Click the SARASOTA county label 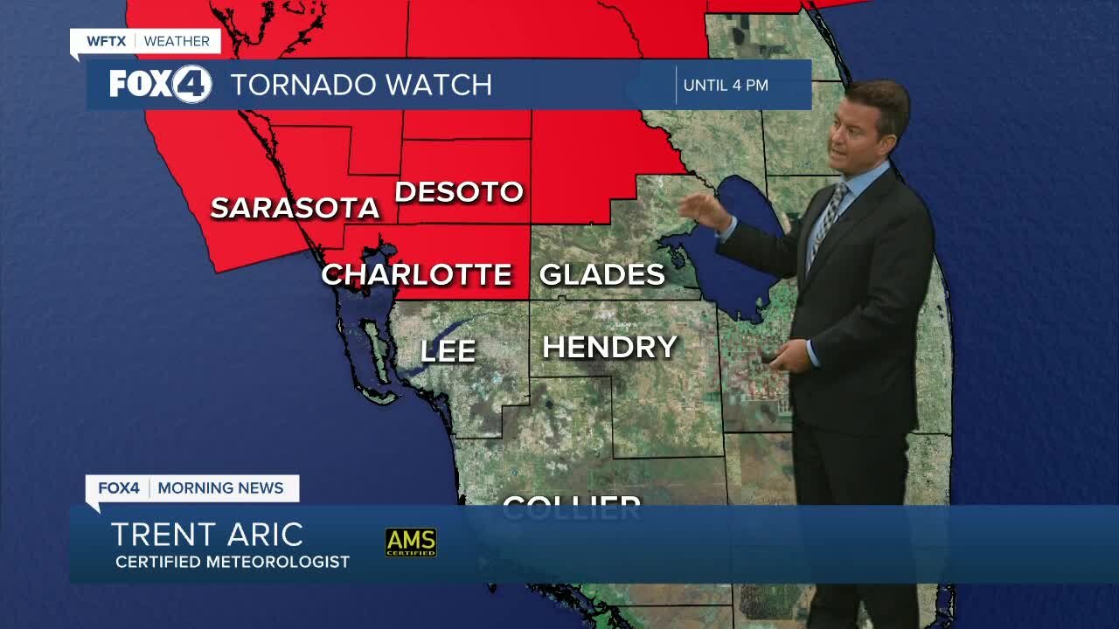point(295,208)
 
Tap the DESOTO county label point(459,191)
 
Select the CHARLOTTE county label point(416,274)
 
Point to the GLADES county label point(602,274)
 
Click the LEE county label point(448,351)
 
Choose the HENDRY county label point(609,347)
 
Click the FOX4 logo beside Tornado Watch point(160,85)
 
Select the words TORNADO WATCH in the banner point(361,85)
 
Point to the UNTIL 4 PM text point(726,85)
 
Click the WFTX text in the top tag point(107,41)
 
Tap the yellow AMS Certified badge point(411,542)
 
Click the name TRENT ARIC point(207,534)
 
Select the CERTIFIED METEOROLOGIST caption point(233,562)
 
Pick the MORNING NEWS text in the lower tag point(220,488)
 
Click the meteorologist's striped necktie point(825,219)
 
